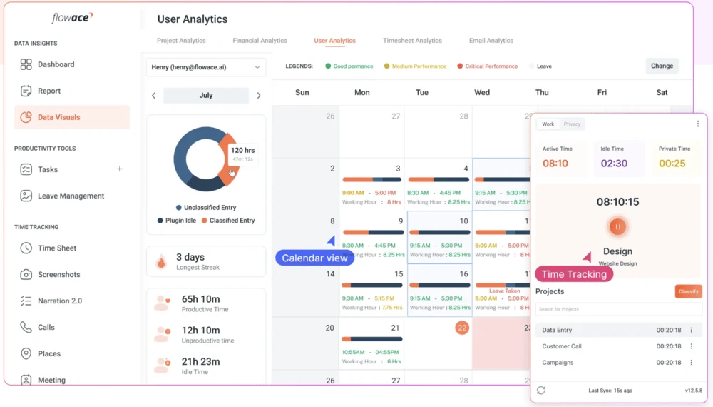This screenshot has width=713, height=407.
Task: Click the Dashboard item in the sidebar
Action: (x=56, y=64)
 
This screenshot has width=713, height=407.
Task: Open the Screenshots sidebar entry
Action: (x=58, y=274)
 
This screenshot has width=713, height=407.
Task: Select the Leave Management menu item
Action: (x=71, y=196)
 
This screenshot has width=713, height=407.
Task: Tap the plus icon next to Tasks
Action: (x=120, y=169)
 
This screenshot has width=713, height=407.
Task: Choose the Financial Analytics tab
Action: (x=260, y=41)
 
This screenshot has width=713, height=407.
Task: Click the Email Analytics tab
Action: (x=491, y=41)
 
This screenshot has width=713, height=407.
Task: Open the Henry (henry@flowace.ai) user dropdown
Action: (x=206, y=67)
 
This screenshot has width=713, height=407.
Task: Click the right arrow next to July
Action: (x=258, y=96)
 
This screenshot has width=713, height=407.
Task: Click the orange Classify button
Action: (x=688, y=291)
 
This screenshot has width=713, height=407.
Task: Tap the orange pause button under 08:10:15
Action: (x=617, y=227)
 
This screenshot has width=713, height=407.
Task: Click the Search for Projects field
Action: (x=617, y=309)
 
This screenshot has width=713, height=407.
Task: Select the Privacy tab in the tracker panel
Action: (x=572, y=124)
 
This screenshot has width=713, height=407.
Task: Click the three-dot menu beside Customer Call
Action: (x=691, y=346)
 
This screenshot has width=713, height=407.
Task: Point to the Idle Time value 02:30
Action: (x=614, y=164)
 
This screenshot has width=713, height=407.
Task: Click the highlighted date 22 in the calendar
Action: (x=462, y=328)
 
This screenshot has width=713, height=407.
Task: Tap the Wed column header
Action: (x=482, y=92)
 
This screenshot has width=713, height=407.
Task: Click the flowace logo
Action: (x=72, y=18)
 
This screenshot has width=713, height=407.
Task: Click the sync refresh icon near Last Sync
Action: (x=541, y=391)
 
